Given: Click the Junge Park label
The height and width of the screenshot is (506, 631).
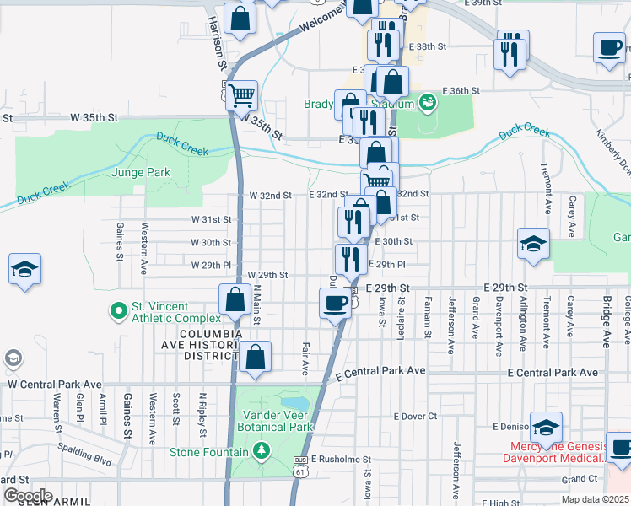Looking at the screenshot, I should (141, 173).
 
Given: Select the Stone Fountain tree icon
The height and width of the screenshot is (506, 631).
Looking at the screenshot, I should (262, 452).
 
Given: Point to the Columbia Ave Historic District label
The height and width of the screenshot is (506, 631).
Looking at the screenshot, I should (198, 345).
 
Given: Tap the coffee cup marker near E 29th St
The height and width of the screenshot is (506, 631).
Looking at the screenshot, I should (335, 303).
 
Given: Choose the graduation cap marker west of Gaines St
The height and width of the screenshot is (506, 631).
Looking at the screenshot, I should (24, 270).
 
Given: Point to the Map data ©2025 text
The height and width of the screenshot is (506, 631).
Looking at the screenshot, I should (596, 500).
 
